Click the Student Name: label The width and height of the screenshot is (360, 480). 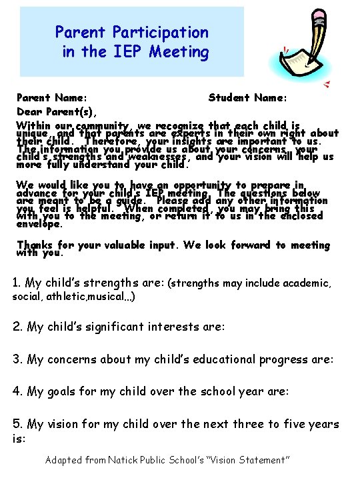tap(248, 97)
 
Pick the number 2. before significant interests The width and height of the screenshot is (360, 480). tap(18, 327)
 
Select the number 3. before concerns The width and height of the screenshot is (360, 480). tap(18, 359)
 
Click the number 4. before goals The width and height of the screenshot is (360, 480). tap(18, 391)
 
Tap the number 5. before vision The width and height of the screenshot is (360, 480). tap(18, 424)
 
